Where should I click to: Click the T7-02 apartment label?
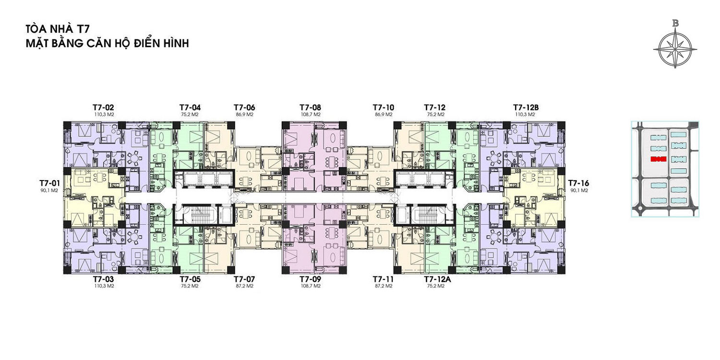(103, 108)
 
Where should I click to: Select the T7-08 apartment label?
(310, 108)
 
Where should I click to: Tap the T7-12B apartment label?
(526, 108)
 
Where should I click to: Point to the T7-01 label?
(49, 183)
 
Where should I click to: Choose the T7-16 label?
(578, 183)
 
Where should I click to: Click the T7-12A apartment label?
(437, 279)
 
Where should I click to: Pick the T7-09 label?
(310, 279)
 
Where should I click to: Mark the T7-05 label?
(190, 279)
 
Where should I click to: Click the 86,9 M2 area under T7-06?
(245, 114)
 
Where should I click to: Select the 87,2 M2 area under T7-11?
(384, 286)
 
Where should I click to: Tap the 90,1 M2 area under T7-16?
(579, 190)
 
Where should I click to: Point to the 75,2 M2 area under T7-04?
(190, 114)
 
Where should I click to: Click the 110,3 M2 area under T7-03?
(103, 286)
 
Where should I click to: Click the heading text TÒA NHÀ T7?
(58, 29)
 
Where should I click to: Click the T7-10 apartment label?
(384, 108)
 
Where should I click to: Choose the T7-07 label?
(245, 279)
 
